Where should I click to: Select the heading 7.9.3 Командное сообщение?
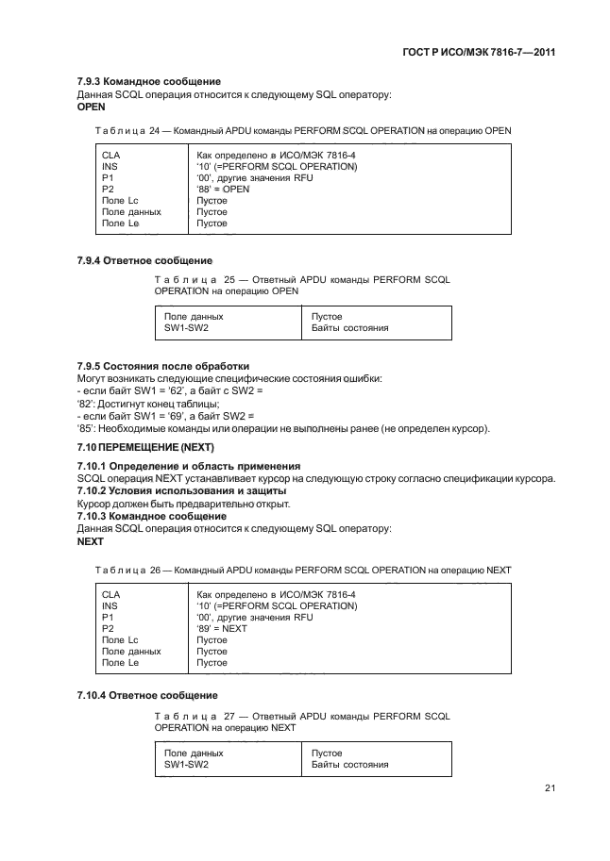click(x=148, y=82)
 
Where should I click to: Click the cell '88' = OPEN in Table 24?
click(x=223, y=189)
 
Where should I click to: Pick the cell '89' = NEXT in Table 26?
click(x=222, y=628)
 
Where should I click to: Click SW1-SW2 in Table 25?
click(x=186, y=328)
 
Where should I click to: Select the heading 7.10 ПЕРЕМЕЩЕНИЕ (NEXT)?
click(x=145, y=446)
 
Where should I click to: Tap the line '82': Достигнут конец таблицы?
click(x=147, y=404)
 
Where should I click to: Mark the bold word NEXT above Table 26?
click(x=91, y=543)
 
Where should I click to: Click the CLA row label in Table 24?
click(x=110, y=154)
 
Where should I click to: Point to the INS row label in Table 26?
click(x=110, y=605)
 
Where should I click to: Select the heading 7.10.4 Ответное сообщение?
click(x=147, y=695)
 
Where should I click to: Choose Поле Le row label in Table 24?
click(x=120, y=224)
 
